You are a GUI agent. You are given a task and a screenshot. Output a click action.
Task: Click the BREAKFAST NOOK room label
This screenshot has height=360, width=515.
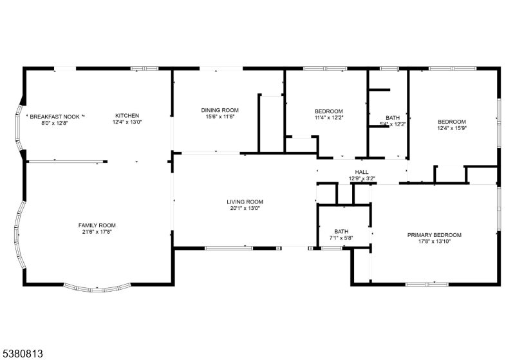(x=55, y=117)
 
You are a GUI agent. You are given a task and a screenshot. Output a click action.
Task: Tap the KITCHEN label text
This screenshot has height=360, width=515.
(x=127, y=116)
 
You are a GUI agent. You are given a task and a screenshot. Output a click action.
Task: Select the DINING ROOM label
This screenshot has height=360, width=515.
(x=220, y=110)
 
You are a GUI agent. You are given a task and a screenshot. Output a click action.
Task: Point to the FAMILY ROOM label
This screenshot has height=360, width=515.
(x=97, y=225)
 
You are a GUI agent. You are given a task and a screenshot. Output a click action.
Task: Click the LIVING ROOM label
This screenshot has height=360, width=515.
(x=245, y=202)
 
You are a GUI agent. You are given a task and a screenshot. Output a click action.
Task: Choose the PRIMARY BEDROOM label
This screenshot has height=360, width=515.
(x=434, y=235)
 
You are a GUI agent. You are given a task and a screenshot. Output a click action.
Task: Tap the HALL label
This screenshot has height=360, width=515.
(x=362, y=172)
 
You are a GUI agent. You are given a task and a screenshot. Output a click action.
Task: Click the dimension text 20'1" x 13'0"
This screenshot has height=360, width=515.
(x=245, y=208)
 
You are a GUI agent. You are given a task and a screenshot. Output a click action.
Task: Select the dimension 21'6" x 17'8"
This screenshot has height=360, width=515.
(x=97, y=232)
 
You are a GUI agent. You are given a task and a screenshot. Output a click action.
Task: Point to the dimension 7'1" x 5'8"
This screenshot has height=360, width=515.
(x=341, y=238)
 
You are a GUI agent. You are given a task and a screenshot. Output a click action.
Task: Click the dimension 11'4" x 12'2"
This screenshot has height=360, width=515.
(x=329, y=118)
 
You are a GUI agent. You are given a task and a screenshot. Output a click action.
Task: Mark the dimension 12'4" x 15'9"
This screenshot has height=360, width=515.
(x=452, y=128)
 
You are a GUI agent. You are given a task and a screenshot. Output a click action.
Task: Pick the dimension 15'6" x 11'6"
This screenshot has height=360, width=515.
(x=220, y=117)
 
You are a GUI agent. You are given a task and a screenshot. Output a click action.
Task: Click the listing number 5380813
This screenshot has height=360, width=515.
(x=23, y=354)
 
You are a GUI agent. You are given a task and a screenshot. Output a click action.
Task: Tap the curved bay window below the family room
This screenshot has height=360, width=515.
(x=97, y=289)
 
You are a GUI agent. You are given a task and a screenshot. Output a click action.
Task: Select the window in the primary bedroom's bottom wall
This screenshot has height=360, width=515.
(x=427, y=284)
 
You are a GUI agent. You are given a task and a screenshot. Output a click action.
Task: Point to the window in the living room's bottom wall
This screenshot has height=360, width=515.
(x=229, y=248)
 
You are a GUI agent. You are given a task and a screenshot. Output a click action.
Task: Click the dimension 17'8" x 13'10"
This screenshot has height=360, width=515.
(x=434, y=241)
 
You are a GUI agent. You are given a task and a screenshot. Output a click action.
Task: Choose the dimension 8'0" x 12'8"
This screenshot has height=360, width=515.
(x=55, y=123)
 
